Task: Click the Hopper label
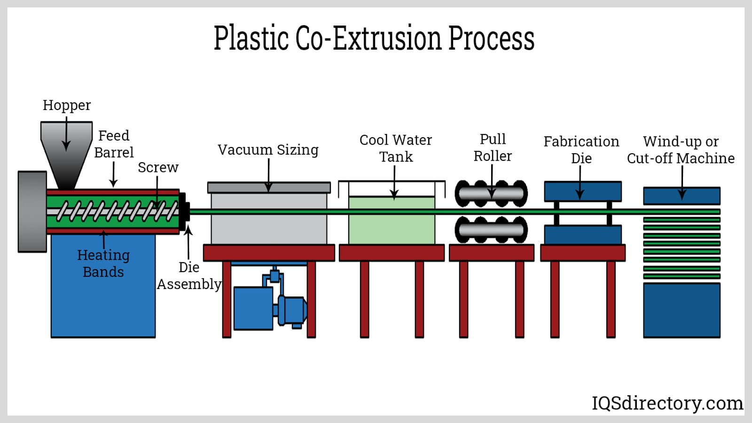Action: (67, 105)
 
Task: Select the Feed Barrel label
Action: (114, 144)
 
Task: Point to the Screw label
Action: (158, 167)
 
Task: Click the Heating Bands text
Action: (103, 263)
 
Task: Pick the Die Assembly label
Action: (189, 275)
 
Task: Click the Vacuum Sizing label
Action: (268, 149)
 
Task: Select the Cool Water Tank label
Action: (396, 148)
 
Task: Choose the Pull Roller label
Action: (492, 147)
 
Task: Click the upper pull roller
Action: (491, 193)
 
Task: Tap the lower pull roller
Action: (491, 230)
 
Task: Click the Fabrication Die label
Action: (581, 149)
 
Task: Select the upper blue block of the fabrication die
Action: (583, 191)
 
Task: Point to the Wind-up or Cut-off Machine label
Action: (681, 149)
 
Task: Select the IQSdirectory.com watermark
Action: (667, 403)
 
